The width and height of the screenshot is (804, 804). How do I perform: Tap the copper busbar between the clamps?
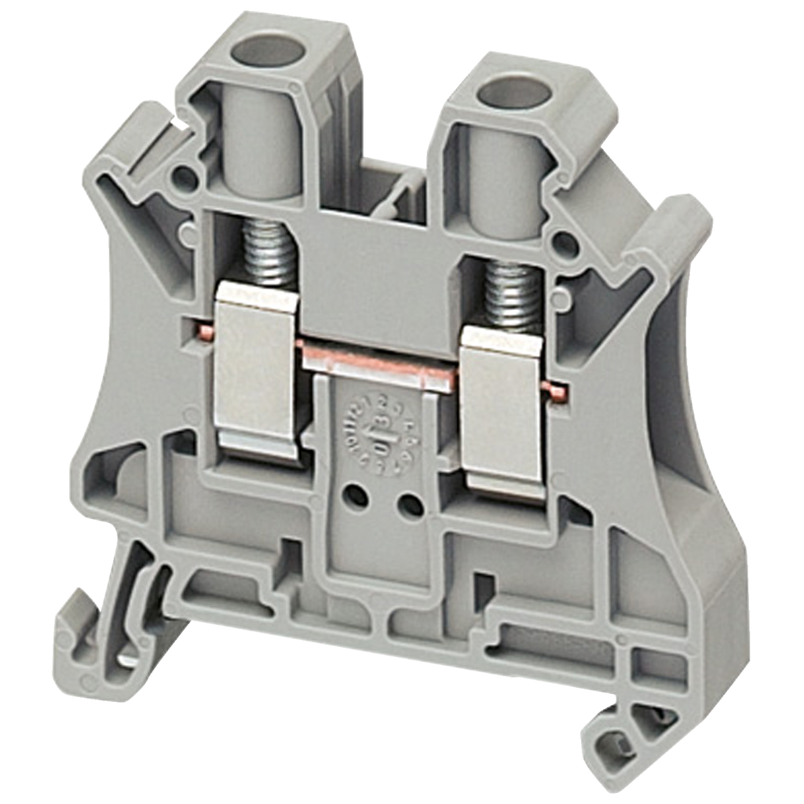click(x=377, y=364)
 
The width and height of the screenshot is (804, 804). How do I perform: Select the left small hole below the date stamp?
click(x=356, y=496)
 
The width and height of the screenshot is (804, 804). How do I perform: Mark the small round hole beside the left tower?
click(x=185, y=180)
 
